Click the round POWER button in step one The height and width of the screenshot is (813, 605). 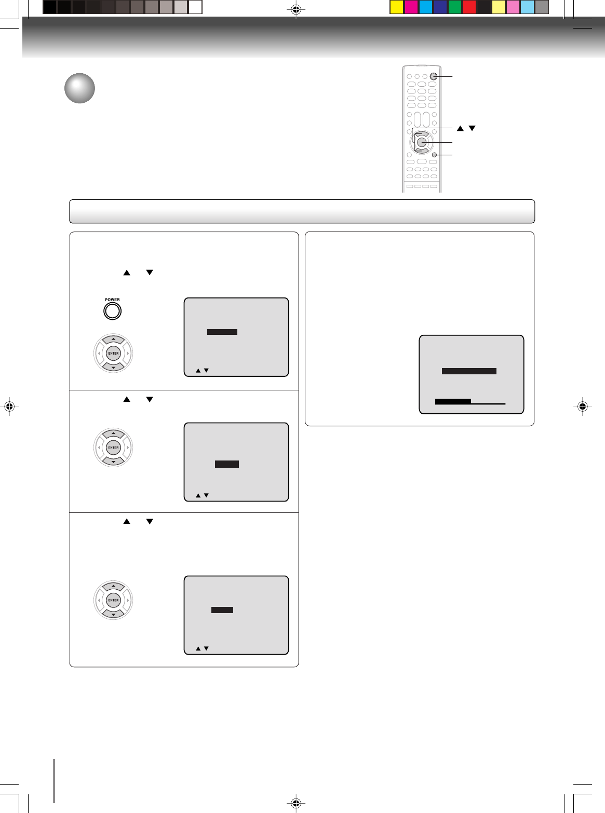click(112, 311)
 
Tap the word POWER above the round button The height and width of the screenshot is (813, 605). click(112, 300)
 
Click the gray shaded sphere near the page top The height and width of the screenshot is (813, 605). click(79, 88)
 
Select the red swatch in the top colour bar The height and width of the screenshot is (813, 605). click(469, 7)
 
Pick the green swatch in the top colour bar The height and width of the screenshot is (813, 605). click(454, 7)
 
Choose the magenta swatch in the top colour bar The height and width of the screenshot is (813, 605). click(411, 7)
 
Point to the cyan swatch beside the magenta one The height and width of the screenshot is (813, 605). click(425, 7)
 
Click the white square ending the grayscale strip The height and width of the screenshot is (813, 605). click(195, 7)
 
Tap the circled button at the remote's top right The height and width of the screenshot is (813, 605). click(434, 76)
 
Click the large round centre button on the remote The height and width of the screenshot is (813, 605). click(422, 142)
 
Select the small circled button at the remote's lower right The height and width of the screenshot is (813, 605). click(434, 155)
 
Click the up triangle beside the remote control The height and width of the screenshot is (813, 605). click(460, 128)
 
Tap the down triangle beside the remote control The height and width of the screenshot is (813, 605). click(472, 128)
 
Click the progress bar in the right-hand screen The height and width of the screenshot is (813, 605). click(470, 401)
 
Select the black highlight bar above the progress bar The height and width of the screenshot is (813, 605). click(469, 371)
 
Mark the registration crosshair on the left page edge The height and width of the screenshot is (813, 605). click(9, 407)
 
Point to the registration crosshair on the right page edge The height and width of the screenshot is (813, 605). click(583, 407)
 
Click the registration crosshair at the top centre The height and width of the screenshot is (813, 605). click(295, 9)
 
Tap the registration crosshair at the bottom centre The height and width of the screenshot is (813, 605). click(295, 804)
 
